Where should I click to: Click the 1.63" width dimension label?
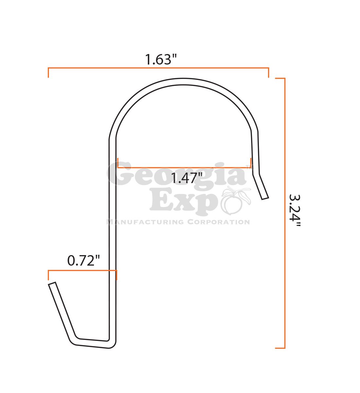(x=161, y=60)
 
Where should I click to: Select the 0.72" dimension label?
(x=83, y=261)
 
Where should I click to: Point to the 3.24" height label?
(x=294, y=212)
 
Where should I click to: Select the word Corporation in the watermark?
(x=218, y=222)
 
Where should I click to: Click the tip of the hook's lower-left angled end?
(x=52, y=284)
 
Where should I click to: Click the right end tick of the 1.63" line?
(x=268, y=73)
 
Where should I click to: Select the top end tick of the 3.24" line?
(x=280, y=78)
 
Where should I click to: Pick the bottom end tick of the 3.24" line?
(x=280, y=348)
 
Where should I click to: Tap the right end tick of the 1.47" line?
(x=251, y=163)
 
